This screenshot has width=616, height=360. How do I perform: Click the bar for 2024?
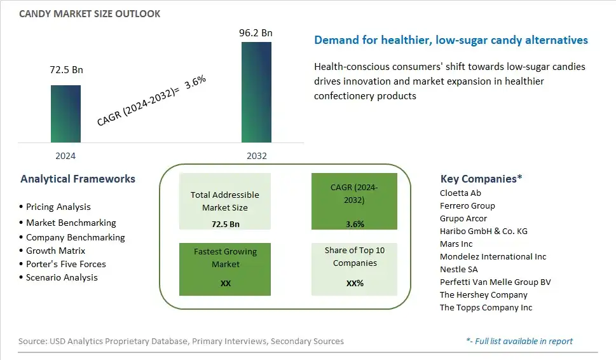pyautogui.click(x=65, y=114)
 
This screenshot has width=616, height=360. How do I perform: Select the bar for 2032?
pyautogui.click(x=256, y=92)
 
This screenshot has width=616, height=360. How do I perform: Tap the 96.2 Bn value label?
pyautogui.click(x=256, y=32)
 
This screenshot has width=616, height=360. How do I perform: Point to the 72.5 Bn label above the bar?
pyautogui.click(x=66, y=69)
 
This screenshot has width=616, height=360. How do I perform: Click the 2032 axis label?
pyautogui.click(x=257, y=156)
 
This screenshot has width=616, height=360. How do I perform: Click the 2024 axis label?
pyautogui.click(x=65, y=156)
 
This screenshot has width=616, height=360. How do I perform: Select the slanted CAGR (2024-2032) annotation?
pyautogui.click(x=151, y=100)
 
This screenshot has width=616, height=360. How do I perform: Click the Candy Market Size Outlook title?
pyautogui.click(x=90, y=14)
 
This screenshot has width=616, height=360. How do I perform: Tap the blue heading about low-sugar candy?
pyautogui.click(x=451, y=40)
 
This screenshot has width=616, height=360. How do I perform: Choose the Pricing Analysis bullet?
pyautogui.click(x=55, y=207)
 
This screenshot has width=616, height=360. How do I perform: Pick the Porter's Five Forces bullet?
pyautogui.click(x=62, y=264)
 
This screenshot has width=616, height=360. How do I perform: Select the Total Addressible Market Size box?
pyautogui.click(x=225, y=201)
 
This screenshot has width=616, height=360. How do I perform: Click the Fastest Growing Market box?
pyautogui.click(x=225, y=269)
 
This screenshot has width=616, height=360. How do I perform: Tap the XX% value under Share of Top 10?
pyautogui.click(x=355, y=283)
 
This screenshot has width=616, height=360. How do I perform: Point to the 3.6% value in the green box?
pyautogui.click(x=355, y=224)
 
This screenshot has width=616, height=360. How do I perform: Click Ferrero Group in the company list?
pyautogui.click(x=467, y=205)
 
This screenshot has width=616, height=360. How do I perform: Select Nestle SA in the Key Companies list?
pyautogui.click(x=458, y=269)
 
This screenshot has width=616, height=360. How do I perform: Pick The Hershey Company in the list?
pyautogui.click(x=484, y=294)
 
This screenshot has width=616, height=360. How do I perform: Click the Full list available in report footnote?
pyautogui.click(x=519, y=341)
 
